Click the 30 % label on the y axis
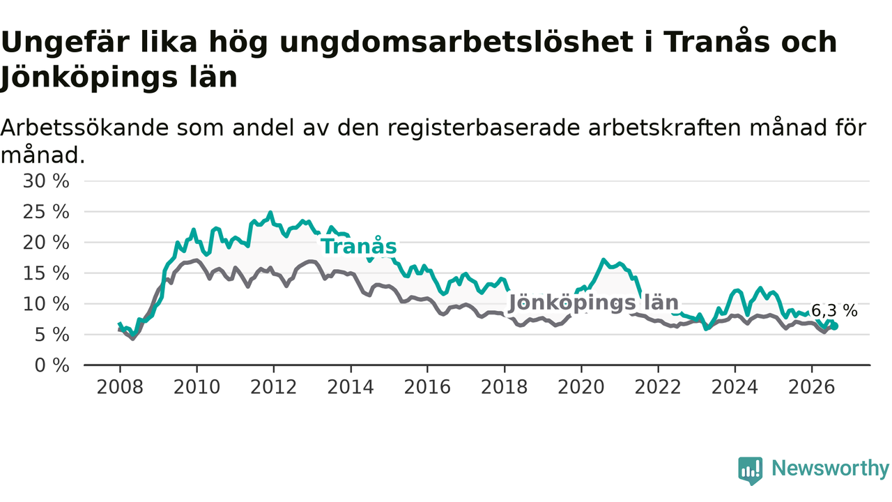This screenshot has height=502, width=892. coord(46,181)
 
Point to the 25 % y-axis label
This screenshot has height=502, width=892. coord(46,212)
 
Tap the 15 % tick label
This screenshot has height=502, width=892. coord(46,273)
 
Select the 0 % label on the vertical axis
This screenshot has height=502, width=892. coord(52,365)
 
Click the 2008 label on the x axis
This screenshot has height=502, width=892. coord(120,387)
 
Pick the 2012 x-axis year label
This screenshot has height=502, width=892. coord(274,387)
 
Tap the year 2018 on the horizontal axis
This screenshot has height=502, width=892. coord(504,387)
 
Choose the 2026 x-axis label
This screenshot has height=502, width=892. coord(812,387)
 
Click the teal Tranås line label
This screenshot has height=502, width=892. coord(359,246)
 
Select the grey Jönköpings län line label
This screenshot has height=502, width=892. coord(594,303)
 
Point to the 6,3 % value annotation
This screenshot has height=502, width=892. coord(834,311)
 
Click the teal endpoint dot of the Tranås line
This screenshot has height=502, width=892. coord(835,326)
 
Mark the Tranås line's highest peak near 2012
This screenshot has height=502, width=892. coord(271,213)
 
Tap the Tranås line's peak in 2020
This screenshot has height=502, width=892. coord(603,260)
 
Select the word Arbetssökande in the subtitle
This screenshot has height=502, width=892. coord(84,128)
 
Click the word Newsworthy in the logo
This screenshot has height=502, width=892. coord(830,468)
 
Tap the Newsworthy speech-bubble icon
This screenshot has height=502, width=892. coord(751,471)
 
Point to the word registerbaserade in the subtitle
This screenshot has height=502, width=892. coord(484,129)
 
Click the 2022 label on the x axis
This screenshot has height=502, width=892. coord(658,387)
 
